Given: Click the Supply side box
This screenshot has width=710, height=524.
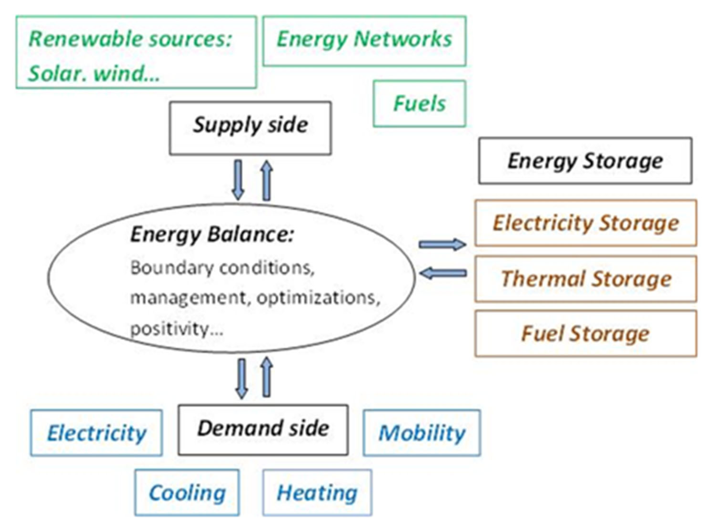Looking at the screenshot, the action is pyautogui.click(x=250, y=128).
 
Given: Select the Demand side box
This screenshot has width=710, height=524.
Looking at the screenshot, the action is pyautogui.click(x=263, y=430).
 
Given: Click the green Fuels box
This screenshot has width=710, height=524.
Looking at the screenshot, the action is pyautogui.click(x=419, y=104).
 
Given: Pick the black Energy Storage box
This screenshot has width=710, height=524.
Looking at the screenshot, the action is pyautogui.click(x=585, y=161).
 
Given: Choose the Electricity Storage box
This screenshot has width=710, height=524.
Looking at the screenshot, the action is pyautogui.click(x=585, y=223).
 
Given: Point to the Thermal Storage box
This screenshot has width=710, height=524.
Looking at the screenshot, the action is pyautogui.click(x=585, y=279).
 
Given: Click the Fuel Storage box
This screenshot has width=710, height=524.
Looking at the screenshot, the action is pyautogui.click(x=585, y=334).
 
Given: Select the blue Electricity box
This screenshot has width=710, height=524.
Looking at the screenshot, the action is pyautogui.click(x=96, y=433).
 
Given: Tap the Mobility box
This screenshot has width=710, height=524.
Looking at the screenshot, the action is pyautogui.click(x=422, y=433).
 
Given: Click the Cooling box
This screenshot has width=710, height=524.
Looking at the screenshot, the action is pyautogui.click(x=187, y=493).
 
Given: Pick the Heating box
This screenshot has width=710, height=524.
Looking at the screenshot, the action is pyautogui.click(x=317, y=493).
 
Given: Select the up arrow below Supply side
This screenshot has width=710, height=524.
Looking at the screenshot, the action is pyautogui.click(x=267, y=181).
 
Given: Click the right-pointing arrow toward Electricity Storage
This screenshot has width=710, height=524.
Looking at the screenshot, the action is pyautogui.click(x=442, y=244).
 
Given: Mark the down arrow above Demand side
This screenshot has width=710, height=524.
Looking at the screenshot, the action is pyautogui.click(x=242, y=378).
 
